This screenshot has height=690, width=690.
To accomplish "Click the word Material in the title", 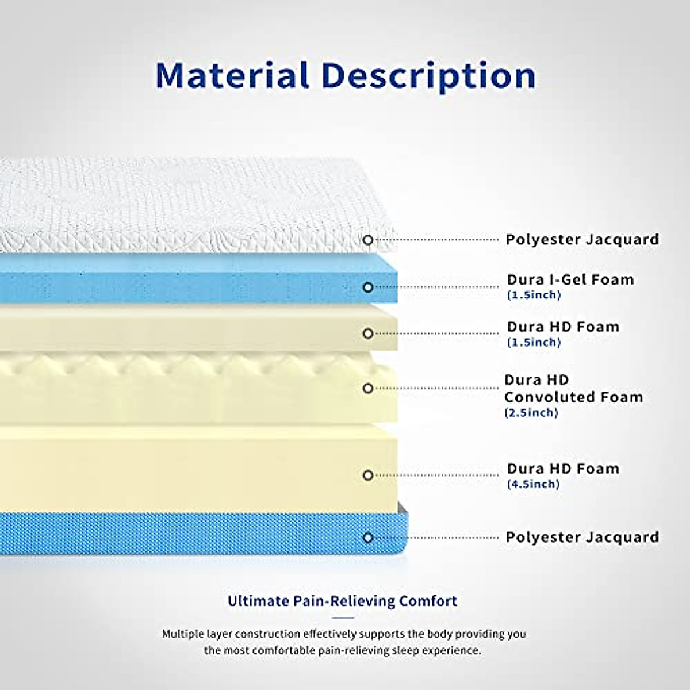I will click(232, 75).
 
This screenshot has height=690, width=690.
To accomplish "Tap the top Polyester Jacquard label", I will click(582, 240).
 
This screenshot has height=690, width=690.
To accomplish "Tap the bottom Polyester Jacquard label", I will click(582, 538).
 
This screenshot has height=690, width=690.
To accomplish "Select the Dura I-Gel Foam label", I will click(570, 280).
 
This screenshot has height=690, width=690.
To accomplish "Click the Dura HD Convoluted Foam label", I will click(573, 389).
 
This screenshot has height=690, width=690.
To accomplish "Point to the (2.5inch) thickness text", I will click(531, 413).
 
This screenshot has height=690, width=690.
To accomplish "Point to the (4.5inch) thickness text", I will click(533, 484).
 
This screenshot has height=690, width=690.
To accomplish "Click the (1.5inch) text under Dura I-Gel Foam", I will click(534, 296).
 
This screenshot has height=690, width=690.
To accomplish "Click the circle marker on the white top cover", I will click(368, 240).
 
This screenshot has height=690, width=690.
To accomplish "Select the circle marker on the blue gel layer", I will click(368, 287).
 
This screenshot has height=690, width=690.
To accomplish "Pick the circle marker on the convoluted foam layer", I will click(368, 389).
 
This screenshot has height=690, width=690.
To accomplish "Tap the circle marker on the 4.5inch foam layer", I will click(368, 476).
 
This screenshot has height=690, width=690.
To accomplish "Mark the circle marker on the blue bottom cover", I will click(368, 538).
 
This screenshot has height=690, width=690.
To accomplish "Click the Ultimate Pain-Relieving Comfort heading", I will click(343, 601).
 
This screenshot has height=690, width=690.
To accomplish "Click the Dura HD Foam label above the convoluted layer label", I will click(563, 327).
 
